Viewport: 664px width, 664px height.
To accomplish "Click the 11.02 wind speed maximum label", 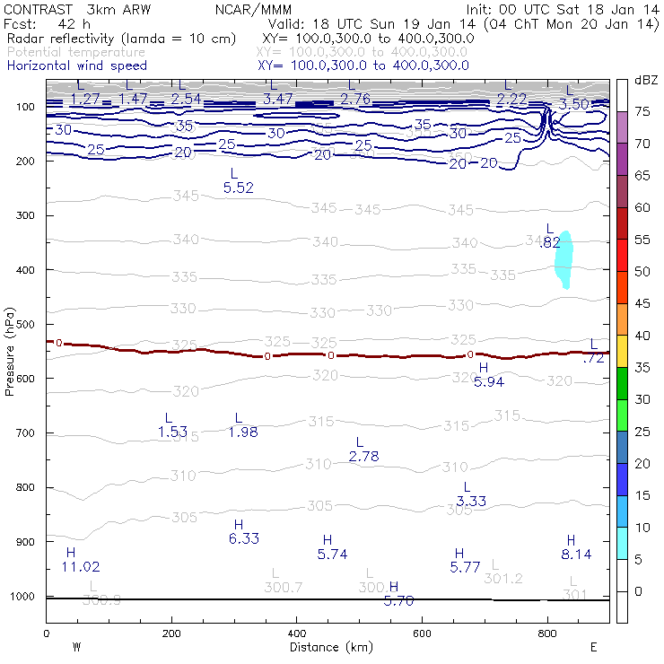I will (81, 566).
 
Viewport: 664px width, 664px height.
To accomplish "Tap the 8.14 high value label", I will (576, 554).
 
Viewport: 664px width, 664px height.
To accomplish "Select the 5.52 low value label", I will (238, 188).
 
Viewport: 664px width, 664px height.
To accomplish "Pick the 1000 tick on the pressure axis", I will (25, 597).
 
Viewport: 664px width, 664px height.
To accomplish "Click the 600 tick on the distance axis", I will (422, 633).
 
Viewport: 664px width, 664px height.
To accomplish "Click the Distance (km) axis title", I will (328, 646).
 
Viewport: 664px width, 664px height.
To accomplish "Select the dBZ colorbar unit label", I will (646, 82).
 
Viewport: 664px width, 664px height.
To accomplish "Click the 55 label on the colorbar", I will (643, 240).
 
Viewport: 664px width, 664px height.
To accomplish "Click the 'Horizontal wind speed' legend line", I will (77, 66).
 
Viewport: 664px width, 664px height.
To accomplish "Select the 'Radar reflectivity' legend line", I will (121, 39).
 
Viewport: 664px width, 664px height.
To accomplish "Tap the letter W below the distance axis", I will (77, 646).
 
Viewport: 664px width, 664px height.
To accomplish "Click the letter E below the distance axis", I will (594, 646).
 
